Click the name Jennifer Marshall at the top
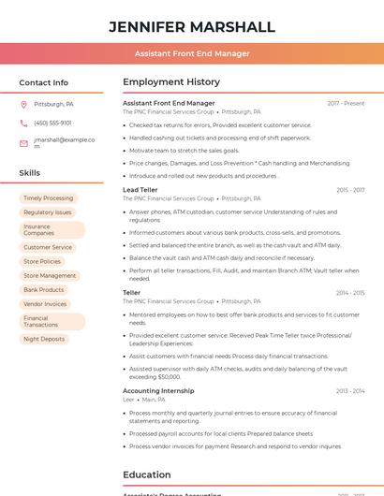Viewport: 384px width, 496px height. click(x=192, y=27)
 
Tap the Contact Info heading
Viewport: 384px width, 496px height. click(x=44, y=82)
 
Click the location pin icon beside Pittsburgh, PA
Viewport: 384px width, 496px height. click(x=23, y=104)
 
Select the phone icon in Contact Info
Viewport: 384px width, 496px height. click(x=23, y=123)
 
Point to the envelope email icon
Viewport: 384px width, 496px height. click(x=23, y=143)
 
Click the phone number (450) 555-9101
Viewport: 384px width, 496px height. click(x=52, y=123)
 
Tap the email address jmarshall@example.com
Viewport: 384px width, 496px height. click(x=64, y=142)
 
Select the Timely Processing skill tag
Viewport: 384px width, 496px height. click(x=48, y=198)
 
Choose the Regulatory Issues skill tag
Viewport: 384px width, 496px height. click(x=47, y=212)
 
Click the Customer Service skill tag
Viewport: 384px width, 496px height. click(x=48, y=248)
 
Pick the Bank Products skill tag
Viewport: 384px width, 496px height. click(x=44, y=290)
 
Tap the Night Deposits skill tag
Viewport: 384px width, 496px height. click(x=44, y=339)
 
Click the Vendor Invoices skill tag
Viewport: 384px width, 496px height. click(x=45, y=304)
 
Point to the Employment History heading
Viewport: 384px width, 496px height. click(x=171, y=82)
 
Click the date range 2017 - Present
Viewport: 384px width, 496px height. click(x=346, y=103)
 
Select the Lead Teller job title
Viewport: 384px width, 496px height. click(x=140, y=190)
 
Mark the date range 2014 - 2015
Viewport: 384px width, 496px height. click(x=350, y=293)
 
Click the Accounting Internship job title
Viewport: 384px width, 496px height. click(x=158, y=390)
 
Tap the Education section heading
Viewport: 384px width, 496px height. click(x=146, y=474)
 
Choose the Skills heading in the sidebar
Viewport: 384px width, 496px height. click(x=30, y=173)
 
